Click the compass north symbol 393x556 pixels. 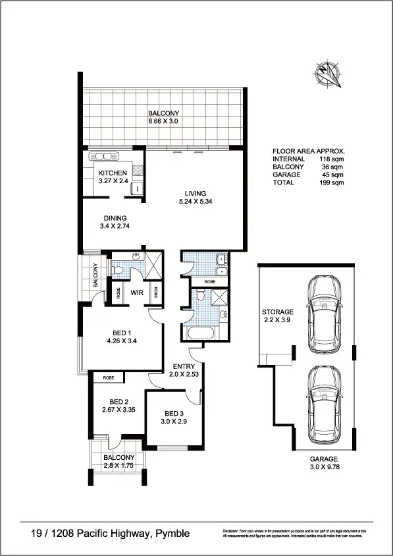(330, 74)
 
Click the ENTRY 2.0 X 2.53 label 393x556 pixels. (182, 370)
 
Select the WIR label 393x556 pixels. (138, 292)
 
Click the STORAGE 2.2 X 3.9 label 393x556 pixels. (277, 316)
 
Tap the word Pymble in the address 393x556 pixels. (172, 533)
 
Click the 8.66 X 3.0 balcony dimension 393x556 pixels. (163, 122)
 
